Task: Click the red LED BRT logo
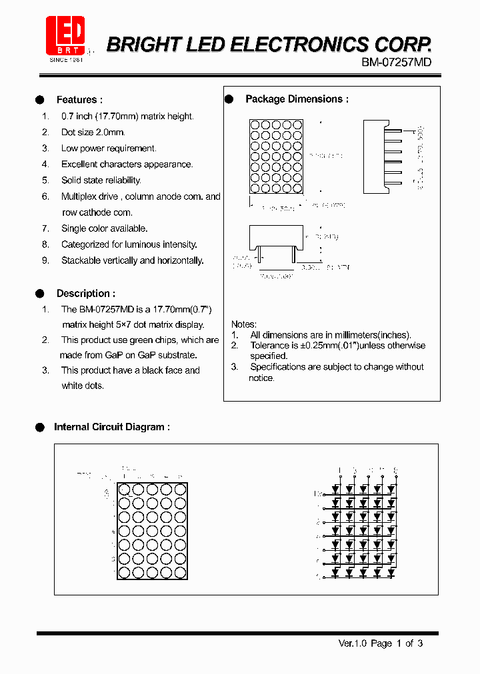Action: point(65,35)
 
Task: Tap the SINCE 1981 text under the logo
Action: point(67,59)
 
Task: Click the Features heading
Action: point(79,100)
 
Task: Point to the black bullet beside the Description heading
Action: point(39,293)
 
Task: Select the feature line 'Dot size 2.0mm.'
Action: point(93,133)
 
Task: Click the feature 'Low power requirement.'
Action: point(109,149)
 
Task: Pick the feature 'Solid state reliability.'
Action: point(101,180)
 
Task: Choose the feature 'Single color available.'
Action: point(104,228)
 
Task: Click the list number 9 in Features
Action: point(45,260)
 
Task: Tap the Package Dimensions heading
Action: point(297,99)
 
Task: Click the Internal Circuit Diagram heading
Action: point(111,427)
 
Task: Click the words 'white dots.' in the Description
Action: point(82,386)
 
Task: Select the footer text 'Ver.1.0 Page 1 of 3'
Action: point(380,643)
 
